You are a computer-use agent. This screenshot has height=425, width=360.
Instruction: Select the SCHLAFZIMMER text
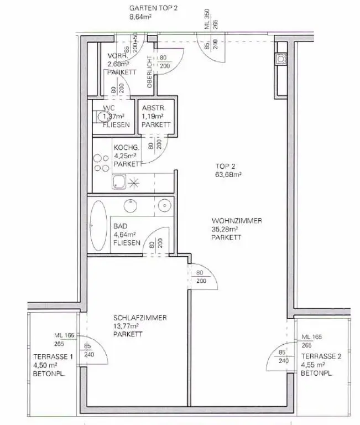140,318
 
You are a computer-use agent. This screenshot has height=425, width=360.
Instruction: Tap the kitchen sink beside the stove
119,182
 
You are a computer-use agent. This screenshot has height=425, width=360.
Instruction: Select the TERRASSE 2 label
321,356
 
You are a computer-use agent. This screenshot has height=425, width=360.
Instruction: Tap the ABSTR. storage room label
151,108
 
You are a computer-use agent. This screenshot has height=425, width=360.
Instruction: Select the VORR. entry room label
118,56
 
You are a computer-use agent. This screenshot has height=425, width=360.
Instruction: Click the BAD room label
120,226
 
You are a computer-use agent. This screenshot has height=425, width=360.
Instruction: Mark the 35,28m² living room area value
225,229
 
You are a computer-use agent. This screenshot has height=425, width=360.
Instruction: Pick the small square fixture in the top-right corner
281,58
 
